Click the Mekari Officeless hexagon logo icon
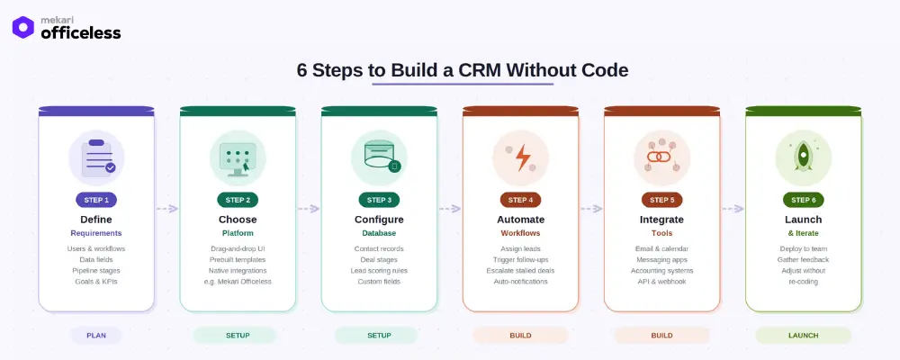23,27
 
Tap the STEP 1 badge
96,200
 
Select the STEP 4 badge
520,200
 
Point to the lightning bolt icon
521,157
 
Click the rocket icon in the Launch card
803,157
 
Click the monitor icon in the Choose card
238,157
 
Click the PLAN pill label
96,335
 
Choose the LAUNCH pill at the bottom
803,335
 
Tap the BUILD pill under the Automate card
520,335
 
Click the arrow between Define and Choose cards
166,209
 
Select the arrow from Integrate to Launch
732,209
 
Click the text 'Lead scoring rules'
379,270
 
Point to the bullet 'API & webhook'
661,282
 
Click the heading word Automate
520,219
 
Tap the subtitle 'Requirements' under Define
96,233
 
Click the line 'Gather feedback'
803,259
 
